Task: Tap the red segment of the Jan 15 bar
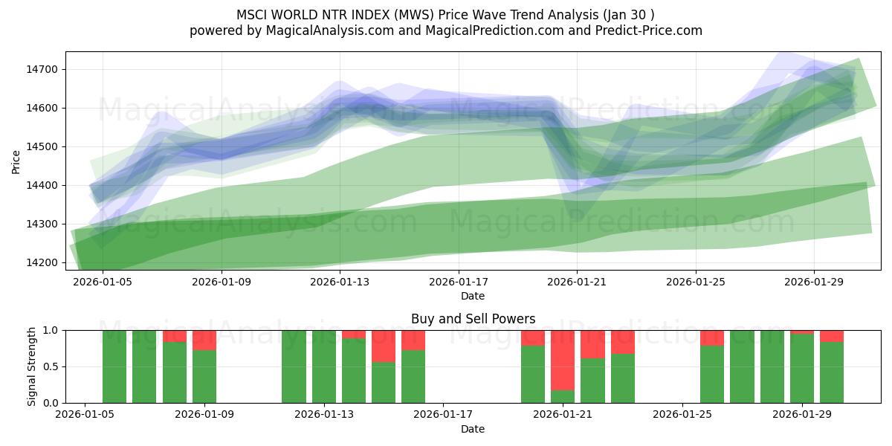click(384, 346)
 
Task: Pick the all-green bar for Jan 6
click(114, 366)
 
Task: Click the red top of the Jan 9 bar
click(204, 340)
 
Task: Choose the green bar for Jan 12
click(294, 366)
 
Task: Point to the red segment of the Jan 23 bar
click(623, 342)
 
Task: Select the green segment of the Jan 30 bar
click(832, 372)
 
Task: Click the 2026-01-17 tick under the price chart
click(459, 282)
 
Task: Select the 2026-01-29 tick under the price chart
click(814, 282)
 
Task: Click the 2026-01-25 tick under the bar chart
click(682, 415)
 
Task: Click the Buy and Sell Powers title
click(473, 319)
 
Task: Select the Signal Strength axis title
click(32, 366)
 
